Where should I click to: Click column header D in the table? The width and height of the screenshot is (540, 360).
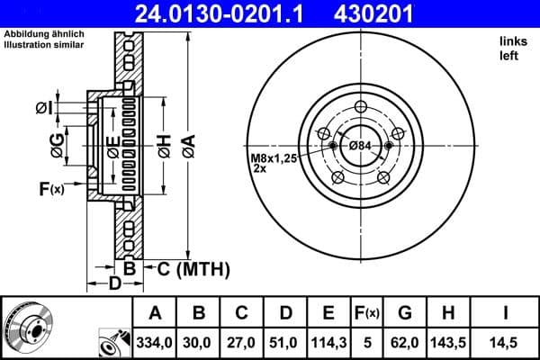(284, 312)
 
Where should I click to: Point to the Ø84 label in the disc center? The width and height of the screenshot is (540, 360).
(360, 146)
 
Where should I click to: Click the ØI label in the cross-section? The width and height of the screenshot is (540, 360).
(43, 109)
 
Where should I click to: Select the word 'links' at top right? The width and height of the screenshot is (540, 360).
(510, 41)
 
